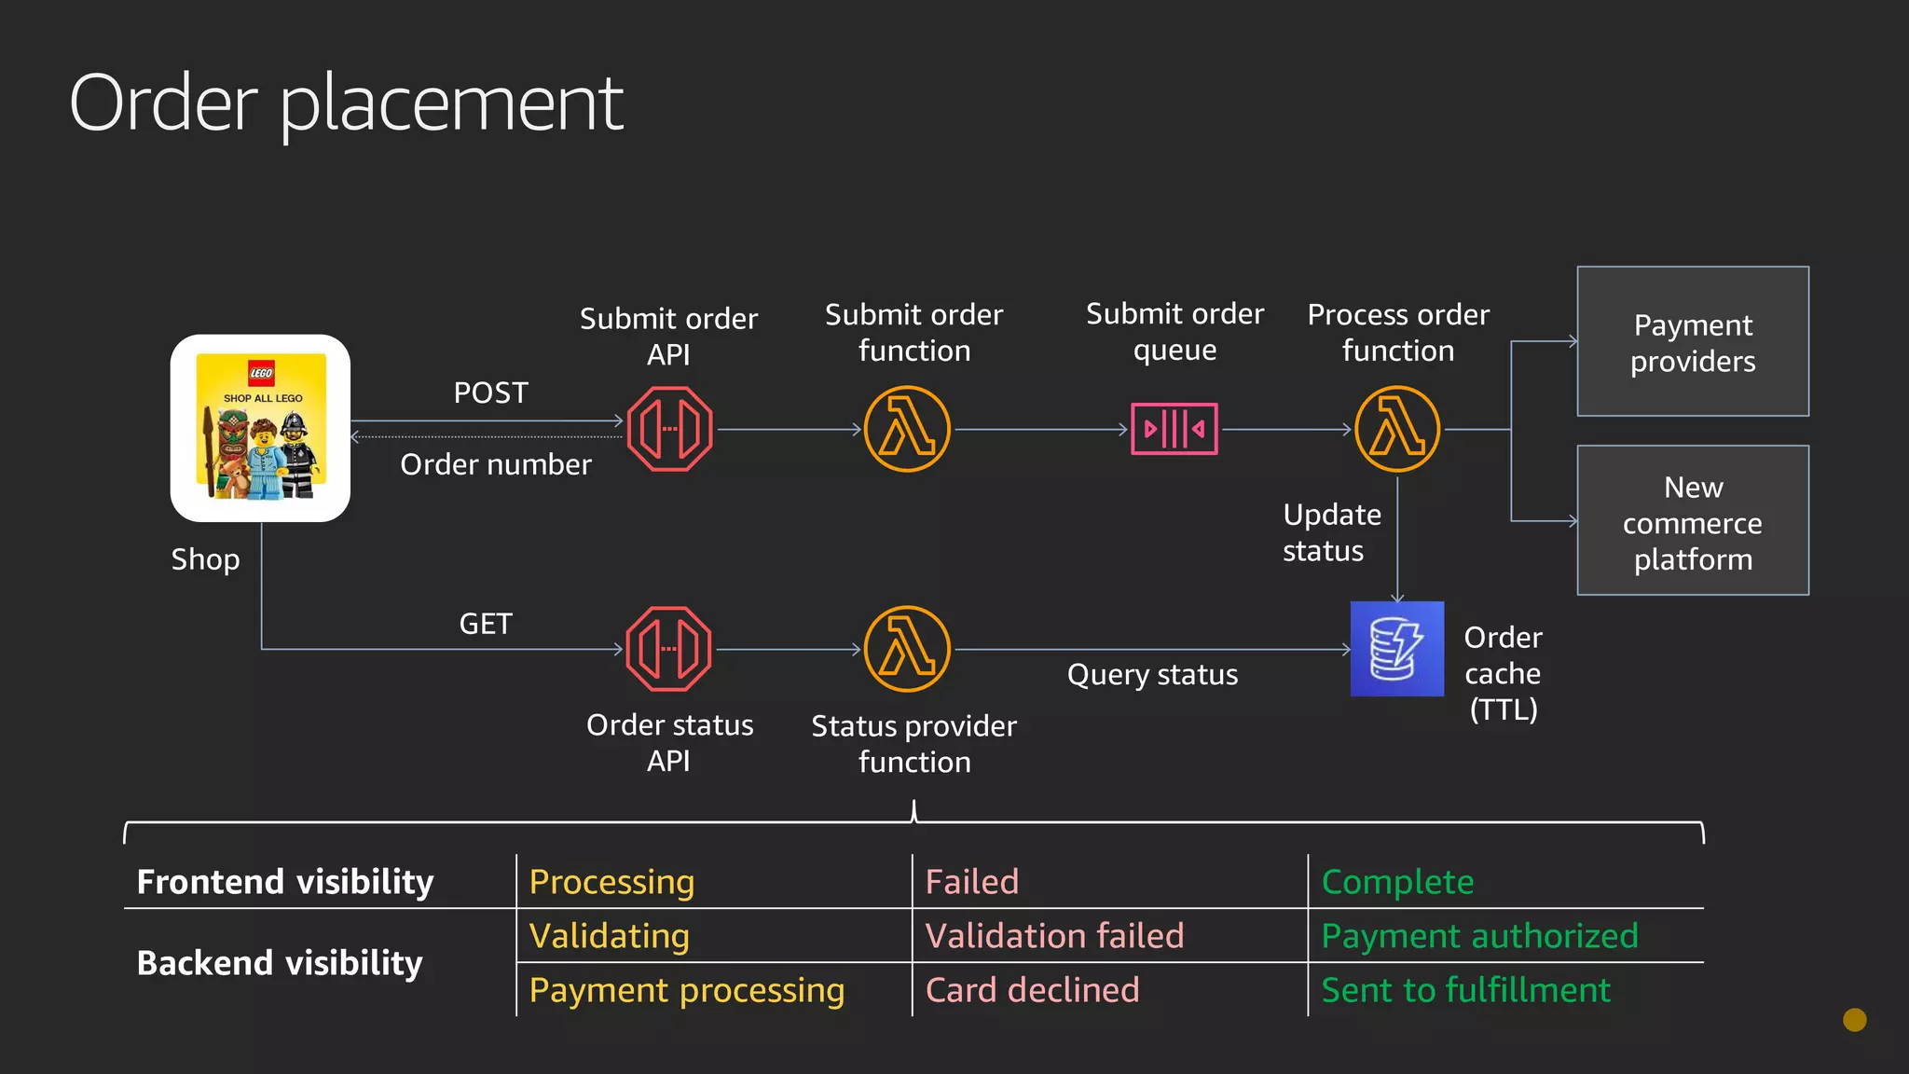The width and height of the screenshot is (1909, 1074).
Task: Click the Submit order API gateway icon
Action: click(x=669, y=429)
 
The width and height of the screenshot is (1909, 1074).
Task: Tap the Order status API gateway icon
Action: click(x=669, y=649)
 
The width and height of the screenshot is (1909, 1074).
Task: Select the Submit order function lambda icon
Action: click(x=907, y=429)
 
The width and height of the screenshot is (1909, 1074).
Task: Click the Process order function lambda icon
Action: click(x=1397, y=429)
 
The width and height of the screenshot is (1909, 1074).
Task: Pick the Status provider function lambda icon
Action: click(x=907, y=649)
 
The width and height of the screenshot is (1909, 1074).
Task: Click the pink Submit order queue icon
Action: click(x=1174, y=429)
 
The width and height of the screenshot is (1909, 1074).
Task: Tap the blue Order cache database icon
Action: click(x=1397, y=649)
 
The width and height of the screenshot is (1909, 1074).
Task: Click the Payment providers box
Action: click(x=1693, y=341)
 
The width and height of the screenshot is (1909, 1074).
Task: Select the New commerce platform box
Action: click(x=1693, y=520)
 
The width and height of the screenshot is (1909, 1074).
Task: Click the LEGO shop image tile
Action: click(x=260, y=428)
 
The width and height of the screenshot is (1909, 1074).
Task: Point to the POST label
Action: click(x=490, y=392)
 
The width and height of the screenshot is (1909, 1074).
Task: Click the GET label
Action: click(x=486, y=624)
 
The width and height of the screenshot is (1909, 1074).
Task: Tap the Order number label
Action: click(x=496, y=464)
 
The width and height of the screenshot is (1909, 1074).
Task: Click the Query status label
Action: click(x=1152, y=674)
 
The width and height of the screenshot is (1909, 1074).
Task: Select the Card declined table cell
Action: click(x=1032, y=990)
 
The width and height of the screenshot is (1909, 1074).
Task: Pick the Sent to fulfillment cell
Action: click(x=1465, y=990)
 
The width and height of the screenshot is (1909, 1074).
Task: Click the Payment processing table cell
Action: click(x=687, y=990)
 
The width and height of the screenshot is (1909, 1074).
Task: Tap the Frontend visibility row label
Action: click(x=285, y=882)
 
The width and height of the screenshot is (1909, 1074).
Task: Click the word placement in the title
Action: click(x=451, y=104)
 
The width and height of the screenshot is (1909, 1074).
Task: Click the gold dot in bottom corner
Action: click(x=1855, y=1020)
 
